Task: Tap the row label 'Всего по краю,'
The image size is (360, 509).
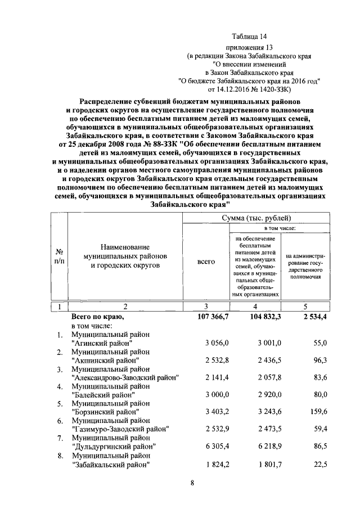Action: coord(97,317)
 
